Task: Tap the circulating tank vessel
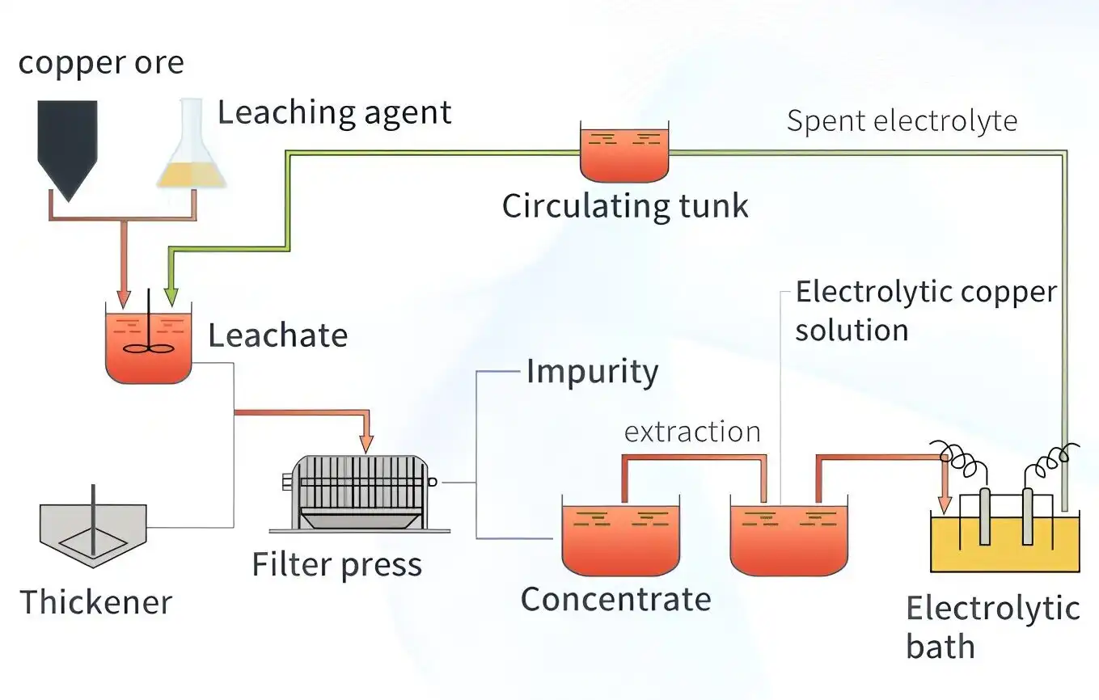[x=625, y=153]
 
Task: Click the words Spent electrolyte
[x=902, y=120]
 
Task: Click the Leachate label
[x=277, y=335]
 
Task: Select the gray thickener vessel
[x=93, y=529]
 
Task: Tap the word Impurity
[x=592, y=372]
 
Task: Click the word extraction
[x=692, y=432]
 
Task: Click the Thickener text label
[x=95, y=602]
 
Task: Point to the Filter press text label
[x=336, y=564]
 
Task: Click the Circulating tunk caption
[x=625, y=205]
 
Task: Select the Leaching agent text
[x=334, y=112]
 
